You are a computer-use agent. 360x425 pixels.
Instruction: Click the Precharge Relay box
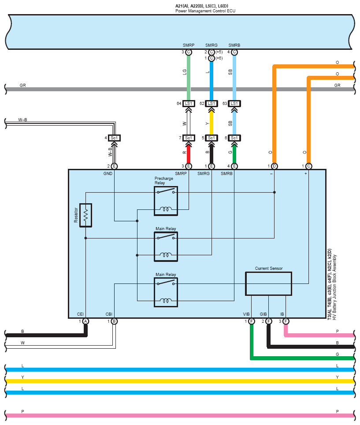click(x=166, y=201)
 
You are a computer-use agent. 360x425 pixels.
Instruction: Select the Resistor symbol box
click(x=85, y=215)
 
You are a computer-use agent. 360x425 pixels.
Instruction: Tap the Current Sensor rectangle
click(x=268, y=283)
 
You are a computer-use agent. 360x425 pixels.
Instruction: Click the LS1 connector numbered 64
click(x=189, y=104)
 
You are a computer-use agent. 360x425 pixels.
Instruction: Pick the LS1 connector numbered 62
click(x=212, y=104)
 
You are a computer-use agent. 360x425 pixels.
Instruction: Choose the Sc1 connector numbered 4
click(x=114, y=138)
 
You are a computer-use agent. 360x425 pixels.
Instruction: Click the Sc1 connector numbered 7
click(x=189, y=138)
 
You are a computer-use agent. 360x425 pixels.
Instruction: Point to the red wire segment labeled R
click(x=189, y=153)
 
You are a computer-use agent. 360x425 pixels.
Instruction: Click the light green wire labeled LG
click(x=189, y=77)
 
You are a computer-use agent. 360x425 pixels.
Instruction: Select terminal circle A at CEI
click(x=85, y=321)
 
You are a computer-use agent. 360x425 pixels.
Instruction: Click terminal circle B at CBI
click(x=114, y=321)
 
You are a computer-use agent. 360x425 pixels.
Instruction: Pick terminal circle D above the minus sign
click(x=274, y=166)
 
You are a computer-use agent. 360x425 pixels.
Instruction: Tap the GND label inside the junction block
click(x=108, y=174)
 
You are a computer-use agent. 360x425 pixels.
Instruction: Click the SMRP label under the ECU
click(x=188, y=45)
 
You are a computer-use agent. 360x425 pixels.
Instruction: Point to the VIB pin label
click(x=246, y=314)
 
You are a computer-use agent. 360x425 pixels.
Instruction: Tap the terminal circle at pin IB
click(x=286, y=321)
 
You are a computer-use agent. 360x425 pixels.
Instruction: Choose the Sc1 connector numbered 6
click(x=234, y=138)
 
